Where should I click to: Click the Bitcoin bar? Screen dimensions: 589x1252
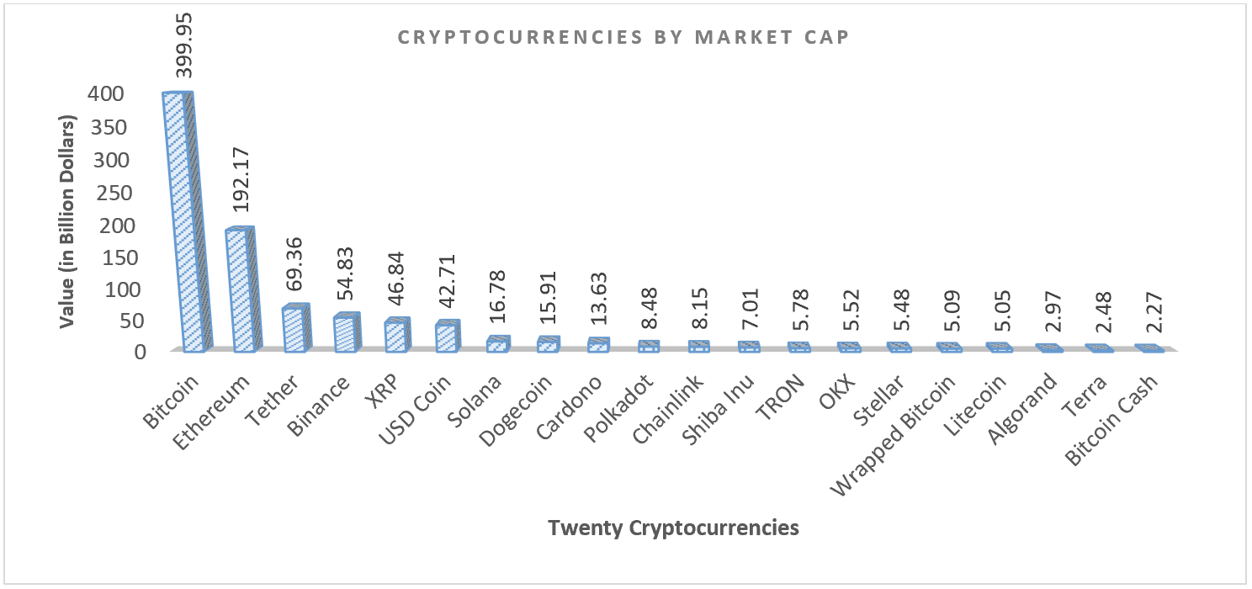point(183,223)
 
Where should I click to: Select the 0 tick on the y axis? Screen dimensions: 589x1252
point(141,352)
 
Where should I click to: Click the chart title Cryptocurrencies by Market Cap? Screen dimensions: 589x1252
point(624,39)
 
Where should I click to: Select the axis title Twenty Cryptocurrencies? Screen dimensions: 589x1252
point(672,528)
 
